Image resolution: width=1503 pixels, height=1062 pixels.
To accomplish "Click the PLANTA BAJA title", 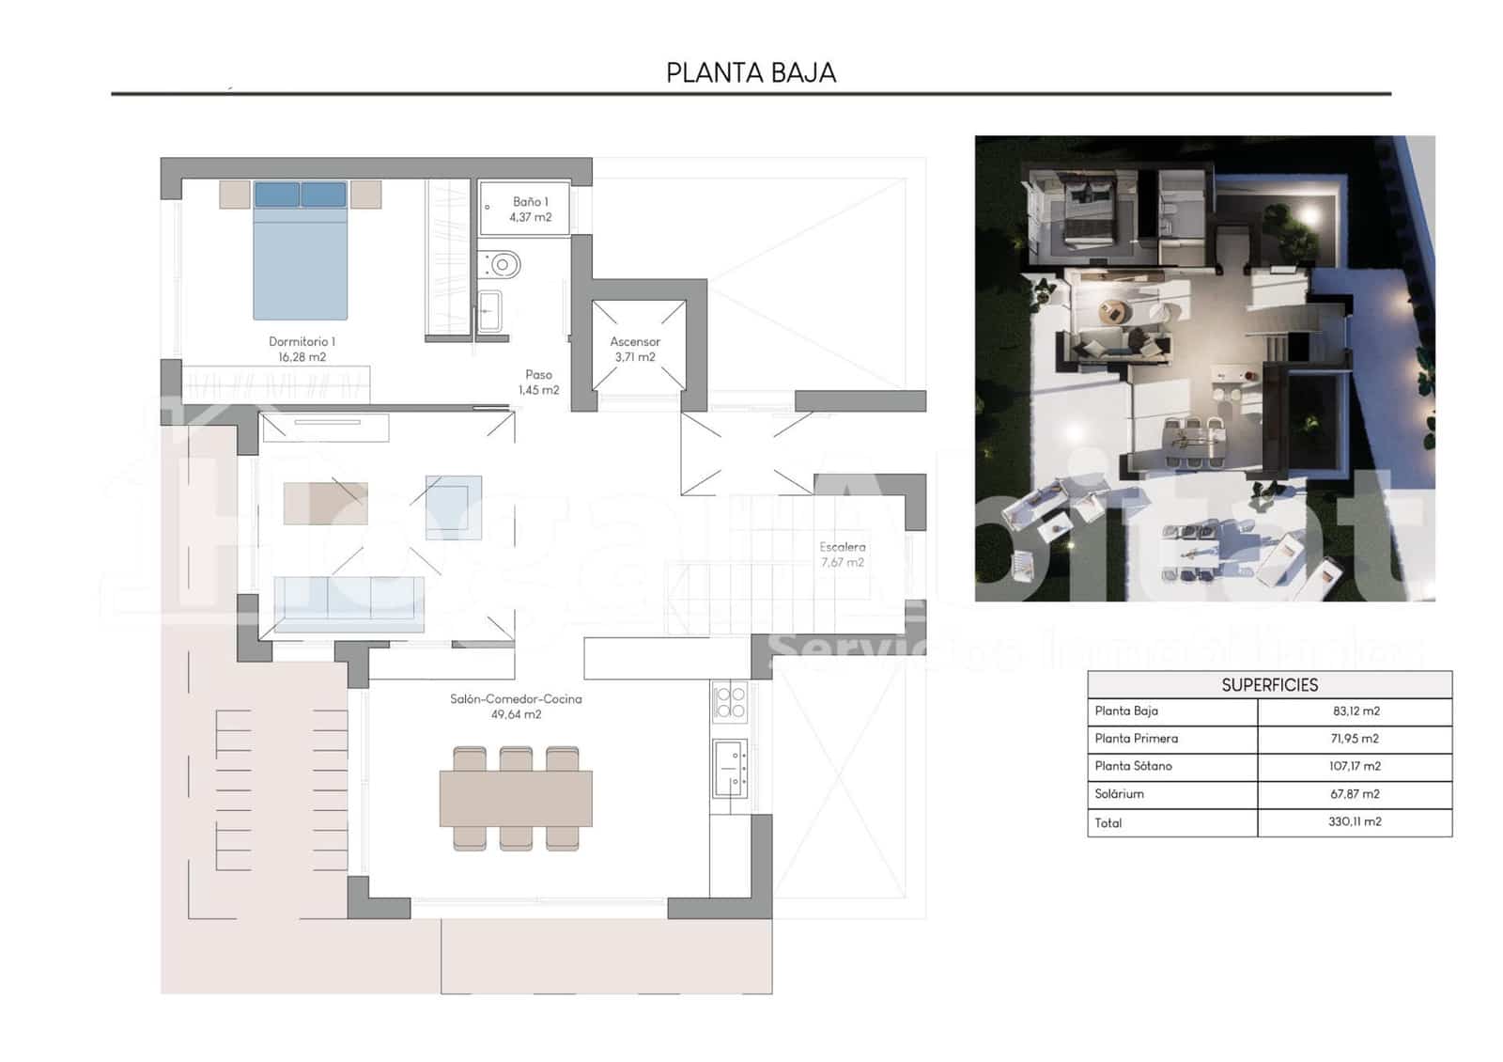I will click(x=751, y=72).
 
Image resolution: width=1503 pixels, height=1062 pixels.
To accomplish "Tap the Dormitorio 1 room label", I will click(x=302, y=342).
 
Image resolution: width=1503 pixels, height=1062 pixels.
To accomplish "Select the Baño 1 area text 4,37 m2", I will click(x=531, y=217).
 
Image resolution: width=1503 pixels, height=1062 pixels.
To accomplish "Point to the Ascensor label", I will click(x=635, y=342).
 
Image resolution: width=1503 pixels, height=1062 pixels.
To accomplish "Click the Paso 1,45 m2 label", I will click(x=538, y=383).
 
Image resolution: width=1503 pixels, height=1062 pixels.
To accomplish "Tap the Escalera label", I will click(x=842, y=547).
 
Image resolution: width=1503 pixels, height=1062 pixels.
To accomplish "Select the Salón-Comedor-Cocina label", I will click(x=516, y=699).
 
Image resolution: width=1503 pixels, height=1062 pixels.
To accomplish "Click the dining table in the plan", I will click(x=516, y=798).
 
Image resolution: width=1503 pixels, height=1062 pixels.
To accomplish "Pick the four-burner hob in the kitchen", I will click(x=730, y=702).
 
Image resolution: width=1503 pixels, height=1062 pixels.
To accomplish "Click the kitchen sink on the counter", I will click(x=730, y=767).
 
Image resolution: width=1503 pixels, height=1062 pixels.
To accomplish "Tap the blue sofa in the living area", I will click(x=349, y=603).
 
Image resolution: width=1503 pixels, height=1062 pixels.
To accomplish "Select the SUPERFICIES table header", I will click(x=1269, y=685).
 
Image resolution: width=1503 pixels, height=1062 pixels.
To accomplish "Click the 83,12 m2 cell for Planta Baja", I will click(x=1356, y=711).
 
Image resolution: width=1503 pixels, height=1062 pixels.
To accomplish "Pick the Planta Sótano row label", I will click(x=1133, y=766).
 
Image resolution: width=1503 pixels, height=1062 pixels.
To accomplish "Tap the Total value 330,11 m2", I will click(x=1355, y=821).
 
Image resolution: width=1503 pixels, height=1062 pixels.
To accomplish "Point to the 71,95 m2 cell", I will click(x=1355, y=739).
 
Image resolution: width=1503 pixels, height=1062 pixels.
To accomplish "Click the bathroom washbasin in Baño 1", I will click(x=490, y=311).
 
